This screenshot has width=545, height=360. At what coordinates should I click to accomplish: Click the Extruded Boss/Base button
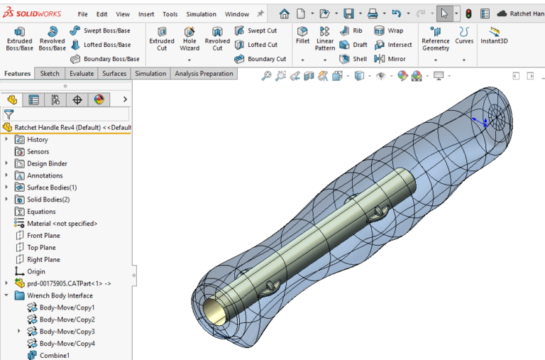click(19, 38)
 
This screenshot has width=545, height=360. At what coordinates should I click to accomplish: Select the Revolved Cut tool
click(217, 38)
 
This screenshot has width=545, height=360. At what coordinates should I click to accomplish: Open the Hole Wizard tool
click(189, 38)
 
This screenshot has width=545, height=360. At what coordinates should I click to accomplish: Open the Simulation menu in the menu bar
click(201, 14)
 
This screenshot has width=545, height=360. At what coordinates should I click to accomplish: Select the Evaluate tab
click(82, 74)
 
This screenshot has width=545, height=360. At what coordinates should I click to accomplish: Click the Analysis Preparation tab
click(204, 74)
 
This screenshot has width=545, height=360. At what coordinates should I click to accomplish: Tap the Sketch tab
click(50, 74)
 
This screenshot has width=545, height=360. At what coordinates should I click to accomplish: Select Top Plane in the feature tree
click(41, 248)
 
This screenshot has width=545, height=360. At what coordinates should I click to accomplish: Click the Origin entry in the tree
click(35, 272)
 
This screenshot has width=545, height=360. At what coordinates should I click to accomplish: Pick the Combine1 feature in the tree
click(54, 355)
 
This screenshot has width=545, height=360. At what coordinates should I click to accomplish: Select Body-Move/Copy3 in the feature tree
click(67, 332)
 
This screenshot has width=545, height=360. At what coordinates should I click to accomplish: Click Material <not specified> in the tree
click(62, 224)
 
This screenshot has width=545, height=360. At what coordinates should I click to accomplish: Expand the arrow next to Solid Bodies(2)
click(6, 200)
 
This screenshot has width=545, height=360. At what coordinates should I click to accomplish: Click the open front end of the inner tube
click(212, 310)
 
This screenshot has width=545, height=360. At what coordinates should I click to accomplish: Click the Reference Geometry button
click(435, 38)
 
